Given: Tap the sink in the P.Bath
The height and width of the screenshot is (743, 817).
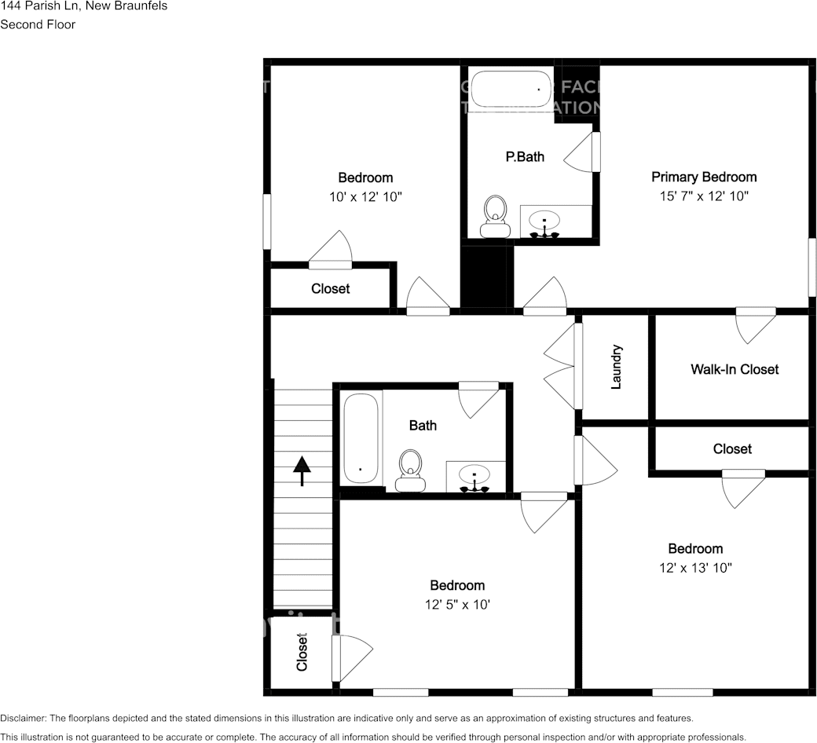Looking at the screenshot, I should (544, 221).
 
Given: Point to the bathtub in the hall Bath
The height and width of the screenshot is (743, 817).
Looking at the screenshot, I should (361, 438).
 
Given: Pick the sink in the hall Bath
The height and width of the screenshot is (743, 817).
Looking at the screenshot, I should (475, 477).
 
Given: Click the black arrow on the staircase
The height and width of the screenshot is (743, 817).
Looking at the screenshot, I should (302, 472).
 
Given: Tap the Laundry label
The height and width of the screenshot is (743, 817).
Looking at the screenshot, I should (617, 367).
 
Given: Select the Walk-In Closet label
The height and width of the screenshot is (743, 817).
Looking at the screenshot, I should (735, 369).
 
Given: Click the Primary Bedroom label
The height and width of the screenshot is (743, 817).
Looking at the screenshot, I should (704, 178).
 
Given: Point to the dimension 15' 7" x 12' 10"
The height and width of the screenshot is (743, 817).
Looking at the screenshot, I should (704, 196).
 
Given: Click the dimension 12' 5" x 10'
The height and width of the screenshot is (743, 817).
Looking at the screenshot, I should (456, 605).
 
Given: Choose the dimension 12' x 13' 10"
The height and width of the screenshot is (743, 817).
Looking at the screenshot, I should (695, 568).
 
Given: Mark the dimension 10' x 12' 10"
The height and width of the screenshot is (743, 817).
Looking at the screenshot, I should (365, 197).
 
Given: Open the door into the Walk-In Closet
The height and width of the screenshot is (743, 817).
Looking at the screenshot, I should (754, 324).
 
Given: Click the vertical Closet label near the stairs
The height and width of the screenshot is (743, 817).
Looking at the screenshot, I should (302, 652).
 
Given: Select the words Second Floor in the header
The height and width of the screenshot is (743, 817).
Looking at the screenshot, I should (38, 24).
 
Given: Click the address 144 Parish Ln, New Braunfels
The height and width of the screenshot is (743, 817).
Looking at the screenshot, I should (83, 5).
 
